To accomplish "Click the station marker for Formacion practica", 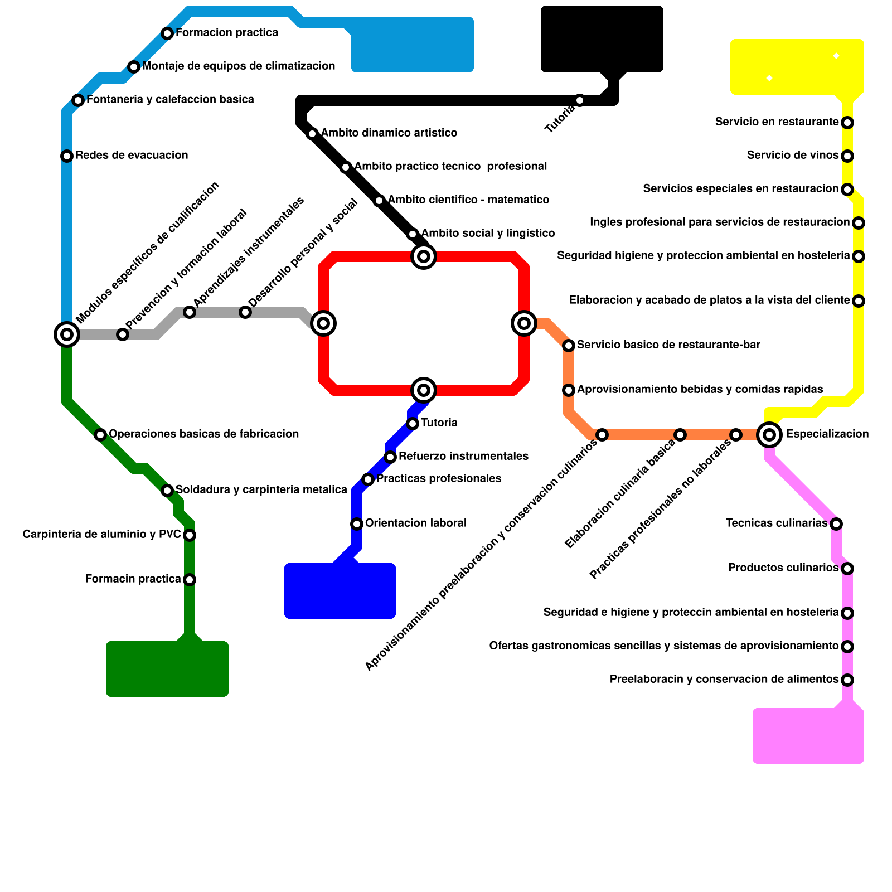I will (x=167, y=33).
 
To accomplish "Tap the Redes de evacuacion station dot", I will (x=67, y=156).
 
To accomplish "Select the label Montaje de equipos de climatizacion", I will (x=239, y=66).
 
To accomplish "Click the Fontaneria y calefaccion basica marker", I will (x=78, y=100).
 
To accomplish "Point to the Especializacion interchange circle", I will (x=769, y=434).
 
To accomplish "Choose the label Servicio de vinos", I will (x=793, y=156).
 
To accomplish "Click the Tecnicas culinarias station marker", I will (x=836, y=523).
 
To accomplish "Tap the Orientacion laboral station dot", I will (x=357, y=523).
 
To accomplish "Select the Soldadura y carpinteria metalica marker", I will (x=167, y=491).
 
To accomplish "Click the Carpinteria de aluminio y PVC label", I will (x=101, y=535).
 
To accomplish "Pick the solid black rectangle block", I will (x=602, y=39).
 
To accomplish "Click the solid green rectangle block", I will (x=167, y=669).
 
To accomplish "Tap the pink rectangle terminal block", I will (x=808, y=736).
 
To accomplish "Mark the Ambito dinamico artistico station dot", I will (x=312, y=134).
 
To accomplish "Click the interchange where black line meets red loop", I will (x=424, y=256).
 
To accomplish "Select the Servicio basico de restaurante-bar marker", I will (x=569, y=346).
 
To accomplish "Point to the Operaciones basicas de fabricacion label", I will (x=203, y=434).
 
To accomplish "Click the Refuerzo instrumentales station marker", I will (x=390, y=457).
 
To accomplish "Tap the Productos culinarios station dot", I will (x=847, y=569).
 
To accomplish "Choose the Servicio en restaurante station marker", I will (x=847, y=123).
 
